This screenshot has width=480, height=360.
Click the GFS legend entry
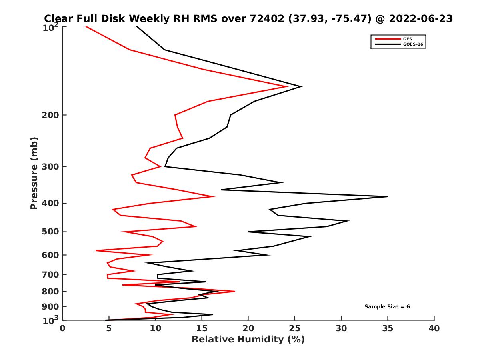pos(408,39)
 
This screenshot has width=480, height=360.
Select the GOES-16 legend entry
pos(412,44)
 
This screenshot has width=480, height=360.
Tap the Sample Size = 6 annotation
pos(387,307)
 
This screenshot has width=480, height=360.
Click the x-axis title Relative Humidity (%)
pos(248,340)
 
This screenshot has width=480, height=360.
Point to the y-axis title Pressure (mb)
pos(34,173)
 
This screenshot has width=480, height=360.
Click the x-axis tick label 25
pos(295,328)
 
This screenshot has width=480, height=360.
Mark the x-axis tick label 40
pos(434,328)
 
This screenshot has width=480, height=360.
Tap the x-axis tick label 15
pos(202,328)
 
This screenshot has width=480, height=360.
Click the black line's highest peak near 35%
pos(387,196)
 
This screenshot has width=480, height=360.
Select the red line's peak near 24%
pos(287,86)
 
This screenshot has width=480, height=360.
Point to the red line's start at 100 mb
pos(86,26)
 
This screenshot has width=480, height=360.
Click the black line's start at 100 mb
pos(137,26)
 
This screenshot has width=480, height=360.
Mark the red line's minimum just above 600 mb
pos(96,250)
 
